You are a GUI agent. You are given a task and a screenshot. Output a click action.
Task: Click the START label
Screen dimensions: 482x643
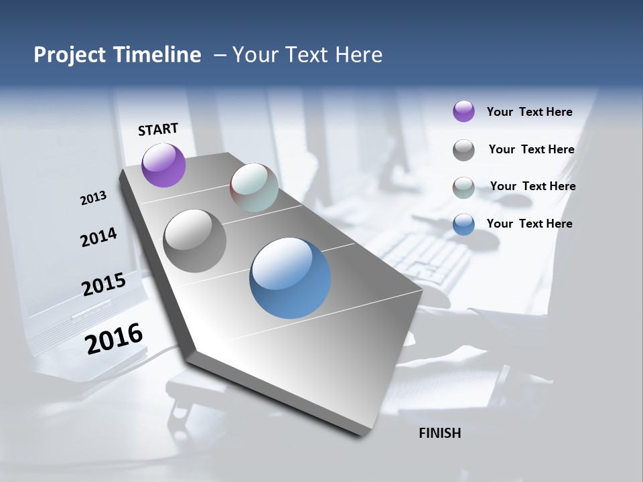pos(158,129)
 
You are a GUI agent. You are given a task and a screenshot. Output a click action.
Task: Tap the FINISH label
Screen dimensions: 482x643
pos(439,433)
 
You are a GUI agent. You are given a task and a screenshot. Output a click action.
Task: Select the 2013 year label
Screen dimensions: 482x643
pos(94,197)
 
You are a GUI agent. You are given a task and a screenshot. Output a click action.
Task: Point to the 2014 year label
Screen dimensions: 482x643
pos(98,238)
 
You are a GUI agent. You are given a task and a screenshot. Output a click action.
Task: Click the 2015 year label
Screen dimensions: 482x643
pos(104,285)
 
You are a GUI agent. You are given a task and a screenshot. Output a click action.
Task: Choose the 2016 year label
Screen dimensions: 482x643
pos(114,339)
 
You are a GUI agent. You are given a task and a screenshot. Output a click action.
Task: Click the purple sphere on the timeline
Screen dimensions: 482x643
pos(163,165)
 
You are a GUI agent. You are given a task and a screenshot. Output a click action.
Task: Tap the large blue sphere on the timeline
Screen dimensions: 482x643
pos(290,278)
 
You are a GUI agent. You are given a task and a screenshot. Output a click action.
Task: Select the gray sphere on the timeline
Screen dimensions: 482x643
pos(194,241)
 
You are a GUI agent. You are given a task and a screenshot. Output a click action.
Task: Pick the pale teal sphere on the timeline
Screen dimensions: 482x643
pos(254,187)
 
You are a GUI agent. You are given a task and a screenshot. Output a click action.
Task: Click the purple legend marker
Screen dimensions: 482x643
pos(463,111)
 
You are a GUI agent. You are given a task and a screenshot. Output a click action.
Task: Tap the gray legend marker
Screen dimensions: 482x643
pos(463,150)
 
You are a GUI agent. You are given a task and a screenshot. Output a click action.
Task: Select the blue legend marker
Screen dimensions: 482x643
pos(463,224)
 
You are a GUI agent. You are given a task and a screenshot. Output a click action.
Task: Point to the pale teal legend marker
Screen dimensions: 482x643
pos(463,187)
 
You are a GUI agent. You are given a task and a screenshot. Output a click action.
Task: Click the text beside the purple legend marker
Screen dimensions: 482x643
pos(529,112)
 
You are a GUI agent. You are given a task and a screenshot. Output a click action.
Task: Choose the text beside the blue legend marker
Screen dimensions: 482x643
pos(529,224)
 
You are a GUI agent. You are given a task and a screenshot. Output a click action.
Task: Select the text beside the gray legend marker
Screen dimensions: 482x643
pos(531,149)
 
